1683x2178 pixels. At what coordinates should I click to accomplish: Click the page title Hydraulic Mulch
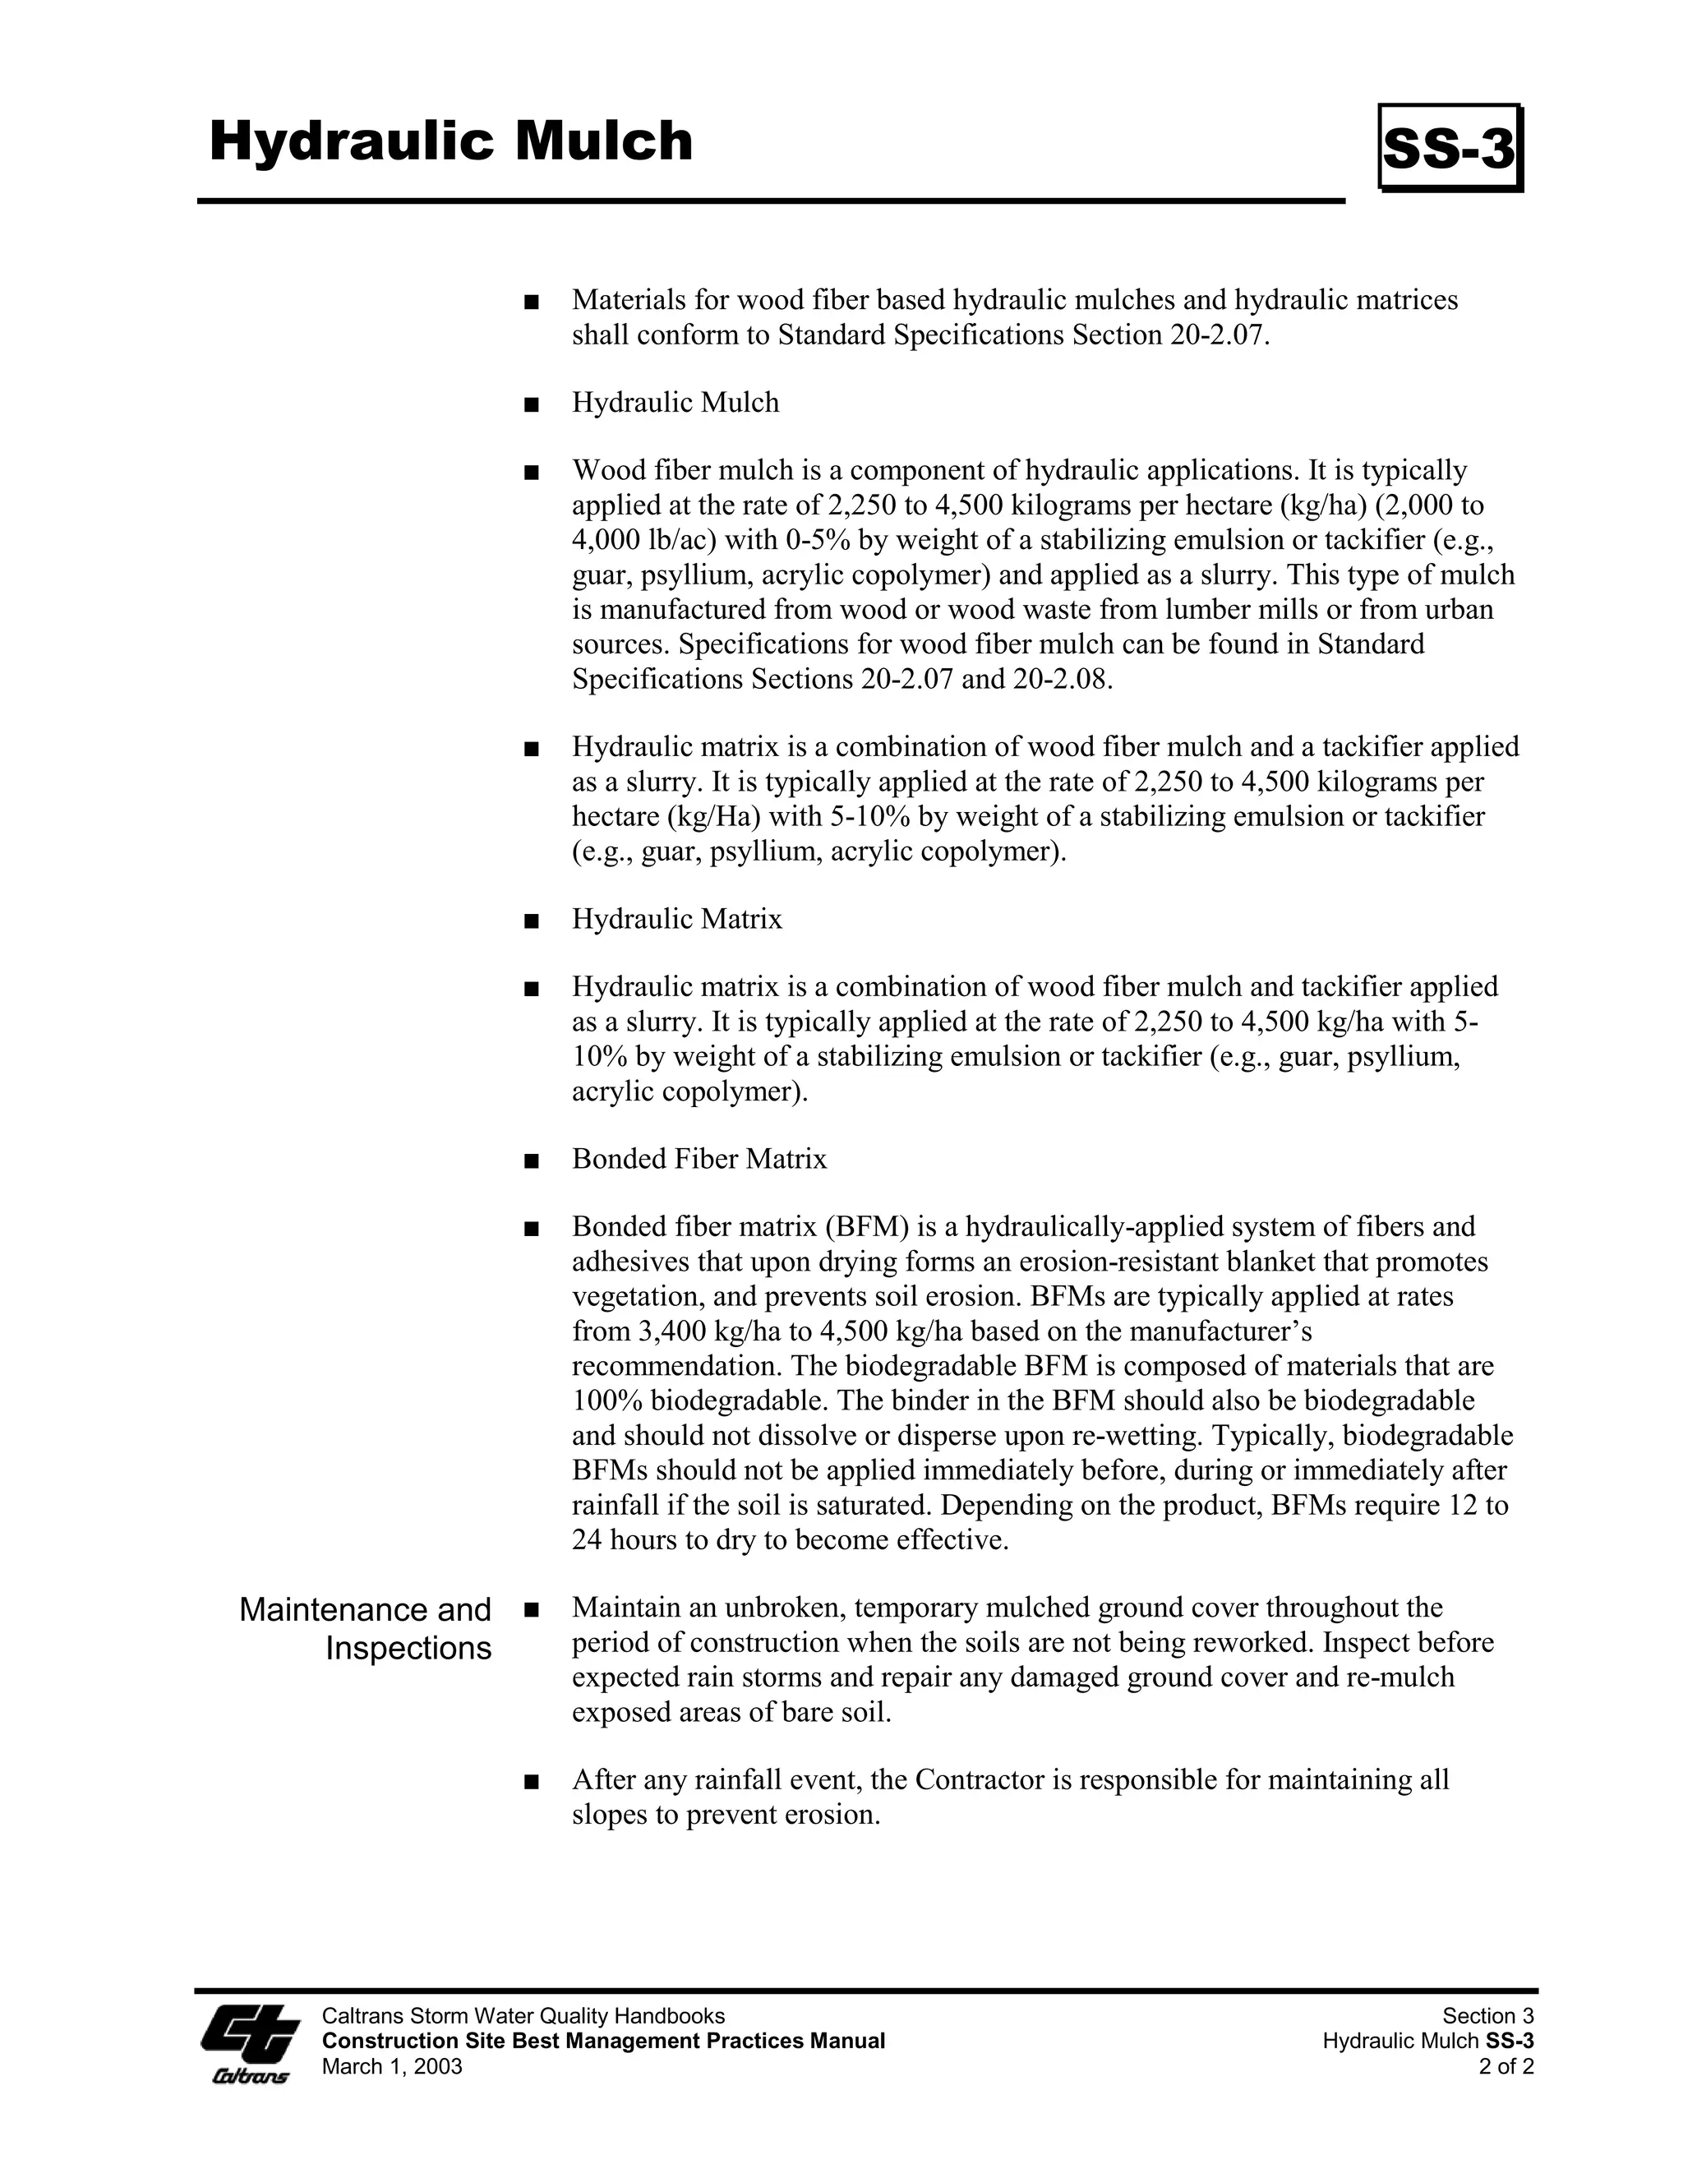click(450, 141)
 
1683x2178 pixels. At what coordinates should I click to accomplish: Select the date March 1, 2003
click(392, 2066)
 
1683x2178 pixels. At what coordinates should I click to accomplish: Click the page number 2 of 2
click(1506, 2066)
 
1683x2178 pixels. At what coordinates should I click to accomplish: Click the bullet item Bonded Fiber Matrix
click(699, 1159)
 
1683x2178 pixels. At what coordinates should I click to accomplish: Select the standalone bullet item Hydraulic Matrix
click(677, 919)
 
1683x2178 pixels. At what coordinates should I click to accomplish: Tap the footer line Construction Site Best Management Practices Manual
click(603, 2042)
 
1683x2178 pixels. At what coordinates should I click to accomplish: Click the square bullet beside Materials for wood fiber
click(530, 301)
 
